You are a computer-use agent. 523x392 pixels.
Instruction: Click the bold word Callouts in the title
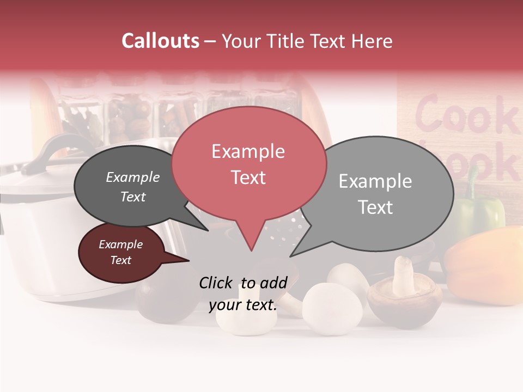161,41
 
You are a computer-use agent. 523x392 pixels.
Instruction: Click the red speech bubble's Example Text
248,164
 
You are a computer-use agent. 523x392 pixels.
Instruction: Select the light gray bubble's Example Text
375,194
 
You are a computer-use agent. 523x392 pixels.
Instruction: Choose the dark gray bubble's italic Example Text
133,187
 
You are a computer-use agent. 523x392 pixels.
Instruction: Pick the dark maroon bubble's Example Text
120,252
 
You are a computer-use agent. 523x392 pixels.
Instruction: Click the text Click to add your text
243,293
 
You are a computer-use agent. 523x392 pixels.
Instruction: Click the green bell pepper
479,212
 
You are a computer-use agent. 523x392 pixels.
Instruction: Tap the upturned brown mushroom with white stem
404,294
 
